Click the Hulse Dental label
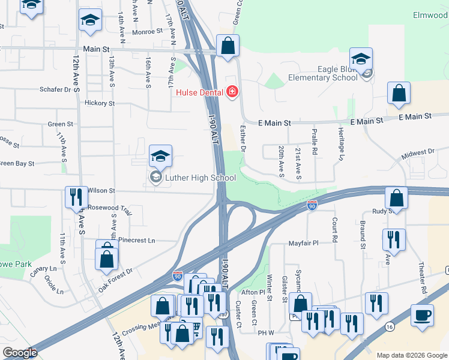(199, 92)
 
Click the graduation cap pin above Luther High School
(160, 157)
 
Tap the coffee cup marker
(423, 316)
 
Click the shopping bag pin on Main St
(228, 46)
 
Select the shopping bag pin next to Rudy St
(396, 198)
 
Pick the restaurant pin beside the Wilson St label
(76, 198)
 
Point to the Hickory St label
(100, 103)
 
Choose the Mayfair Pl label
(319, 244)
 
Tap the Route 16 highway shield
(391, 326)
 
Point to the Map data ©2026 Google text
(412, 355)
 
